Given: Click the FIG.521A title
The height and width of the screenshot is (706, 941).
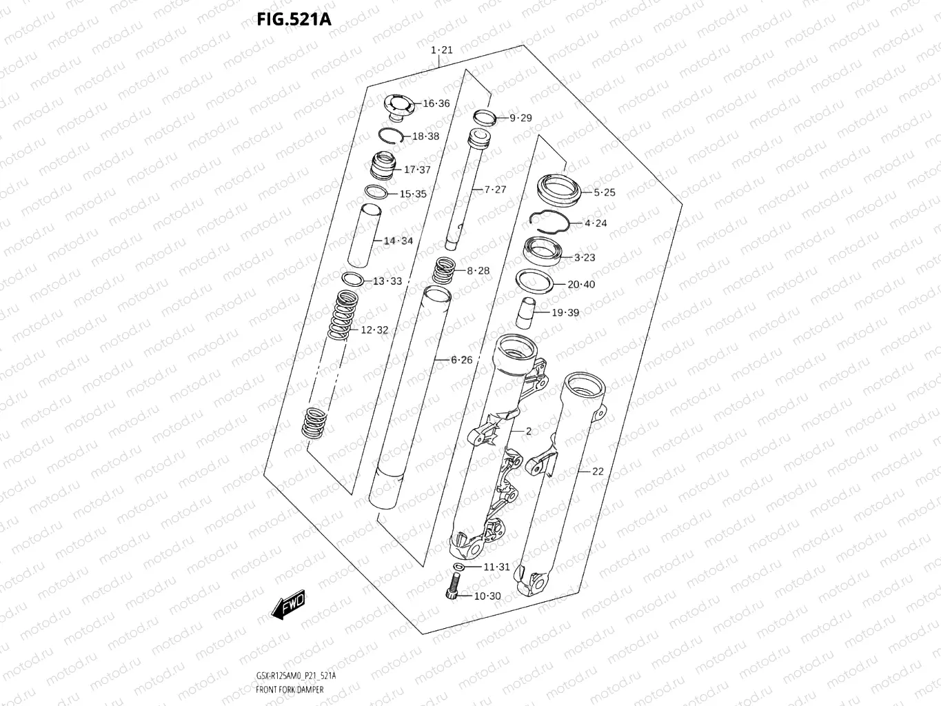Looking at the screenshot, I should pos(294,19).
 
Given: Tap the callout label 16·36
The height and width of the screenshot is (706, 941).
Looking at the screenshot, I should pos(436,104).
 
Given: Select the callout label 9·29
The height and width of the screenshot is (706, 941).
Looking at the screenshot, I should pos(520,118).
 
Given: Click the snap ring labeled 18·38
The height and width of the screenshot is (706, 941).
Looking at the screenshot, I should pos(391,136).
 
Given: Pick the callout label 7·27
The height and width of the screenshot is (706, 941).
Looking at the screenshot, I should pos(494,190).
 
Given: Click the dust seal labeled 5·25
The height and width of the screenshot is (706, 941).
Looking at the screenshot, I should pos(560,187).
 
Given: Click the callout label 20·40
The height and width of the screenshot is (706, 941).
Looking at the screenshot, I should pos(581,284).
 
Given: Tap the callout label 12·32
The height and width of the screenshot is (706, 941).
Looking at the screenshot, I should pos(374,330).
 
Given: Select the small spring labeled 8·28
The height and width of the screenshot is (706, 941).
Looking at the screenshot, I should pos(444,270).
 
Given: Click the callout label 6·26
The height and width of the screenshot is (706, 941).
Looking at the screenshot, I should pos(461,360).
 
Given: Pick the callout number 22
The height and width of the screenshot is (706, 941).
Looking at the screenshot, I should pos(597,472).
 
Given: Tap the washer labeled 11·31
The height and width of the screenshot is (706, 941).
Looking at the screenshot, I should pos(457,567).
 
